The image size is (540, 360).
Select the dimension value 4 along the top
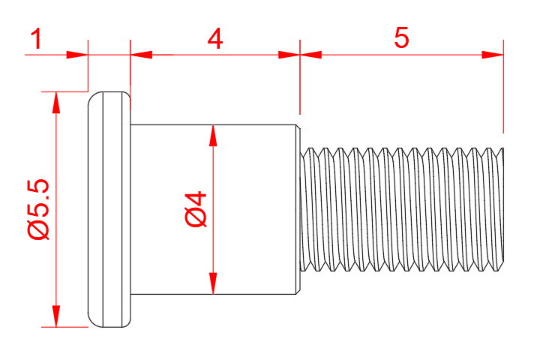click(214, 39)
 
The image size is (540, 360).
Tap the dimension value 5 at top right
click(402, 38)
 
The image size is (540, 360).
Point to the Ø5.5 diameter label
click(37, 209)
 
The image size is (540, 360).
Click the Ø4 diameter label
click(196, 209)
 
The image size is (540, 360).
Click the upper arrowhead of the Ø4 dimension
click(214, 135)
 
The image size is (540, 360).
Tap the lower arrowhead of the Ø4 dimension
click(214, 283)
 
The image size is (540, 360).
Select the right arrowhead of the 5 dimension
click(493, 54)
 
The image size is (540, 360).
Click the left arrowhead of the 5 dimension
click(310, 54)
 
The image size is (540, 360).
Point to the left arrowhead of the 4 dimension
click(141, 54)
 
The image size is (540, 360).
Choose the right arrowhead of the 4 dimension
click(289, 54)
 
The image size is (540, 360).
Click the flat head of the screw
click(109, 209)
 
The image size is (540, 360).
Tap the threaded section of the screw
click(402, 209)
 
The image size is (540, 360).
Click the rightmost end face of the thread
click(502, 209)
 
